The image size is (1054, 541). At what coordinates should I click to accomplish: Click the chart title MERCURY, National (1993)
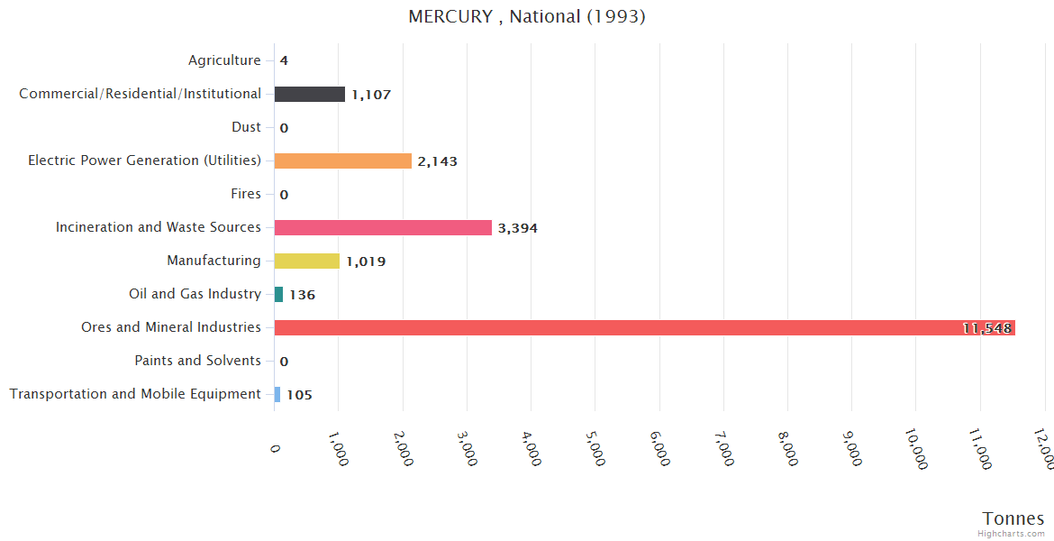527,17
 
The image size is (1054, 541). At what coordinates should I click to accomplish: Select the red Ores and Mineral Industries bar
644,328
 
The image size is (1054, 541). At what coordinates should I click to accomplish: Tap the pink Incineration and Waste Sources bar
383,228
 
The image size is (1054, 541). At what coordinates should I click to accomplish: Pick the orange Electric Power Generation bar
342,161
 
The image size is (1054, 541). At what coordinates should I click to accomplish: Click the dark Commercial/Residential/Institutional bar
309,95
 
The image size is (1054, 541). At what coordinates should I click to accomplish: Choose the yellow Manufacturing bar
306,261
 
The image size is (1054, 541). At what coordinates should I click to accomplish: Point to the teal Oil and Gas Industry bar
278,295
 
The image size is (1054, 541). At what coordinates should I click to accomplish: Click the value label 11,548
986,328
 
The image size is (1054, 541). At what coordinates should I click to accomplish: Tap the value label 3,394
517,228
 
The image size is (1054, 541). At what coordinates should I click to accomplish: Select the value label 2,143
437,161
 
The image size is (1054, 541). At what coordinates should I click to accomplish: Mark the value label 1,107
371,95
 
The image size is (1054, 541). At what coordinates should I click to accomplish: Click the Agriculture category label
224,60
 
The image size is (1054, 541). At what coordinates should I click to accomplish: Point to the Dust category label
246,127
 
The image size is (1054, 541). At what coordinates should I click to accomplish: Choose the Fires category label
246,194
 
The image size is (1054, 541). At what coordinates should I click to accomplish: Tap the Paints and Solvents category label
197,361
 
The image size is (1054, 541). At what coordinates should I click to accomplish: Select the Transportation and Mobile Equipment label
135,394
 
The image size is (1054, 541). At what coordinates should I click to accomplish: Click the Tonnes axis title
1013,518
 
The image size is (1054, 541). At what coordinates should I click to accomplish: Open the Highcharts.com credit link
1012,534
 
